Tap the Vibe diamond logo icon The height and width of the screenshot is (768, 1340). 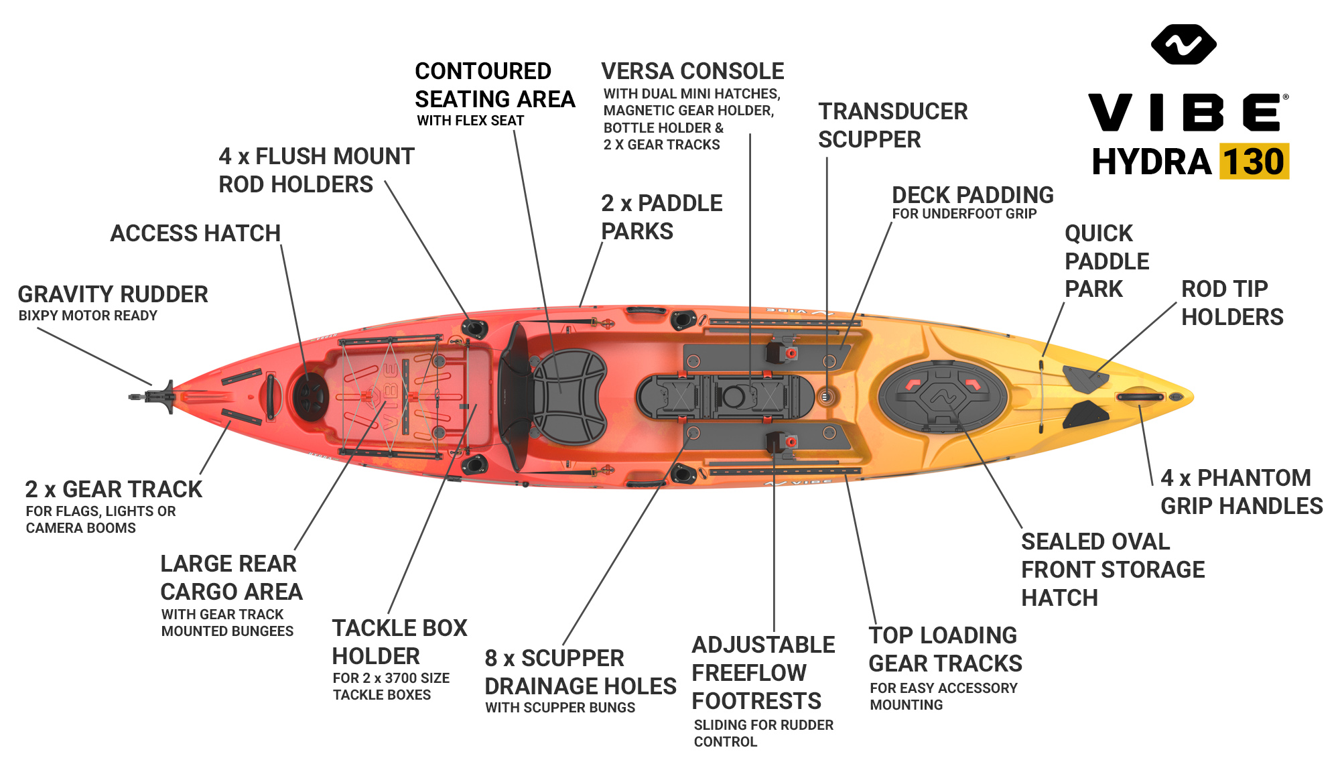click(1183, 44)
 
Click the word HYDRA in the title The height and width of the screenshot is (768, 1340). click(1151, 162)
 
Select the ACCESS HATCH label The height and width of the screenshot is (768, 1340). click(195, 233)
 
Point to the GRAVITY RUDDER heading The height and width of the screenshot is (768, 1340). click(113, 294)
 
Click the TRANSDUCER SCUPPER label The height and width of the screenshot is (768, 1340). click(892, 125)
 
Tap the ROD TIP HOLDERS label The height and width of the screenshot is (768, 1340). click(1231, 303)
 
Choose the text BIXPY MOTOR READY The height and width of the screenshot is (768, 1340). click(88, 316)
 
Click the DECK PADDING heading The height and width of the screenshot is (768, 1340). click(972, 195)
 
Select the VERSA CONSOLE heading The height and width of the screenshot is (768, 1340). click(692, 71)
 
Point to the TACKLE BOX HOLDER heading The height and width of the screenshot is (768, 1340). click(399, 641)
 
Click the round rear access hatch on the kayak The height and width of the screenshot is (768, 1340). click(310, 395)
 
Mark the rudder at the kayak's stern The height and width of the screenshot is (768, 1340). click(157, 397)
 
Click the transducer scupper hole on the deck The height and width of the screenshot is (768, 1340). click(826, 397)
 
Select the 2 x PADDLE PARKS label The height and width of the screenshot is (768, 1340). click(661, 217)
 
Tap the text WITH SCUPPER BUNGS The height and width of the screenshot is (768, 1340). click(560, 708)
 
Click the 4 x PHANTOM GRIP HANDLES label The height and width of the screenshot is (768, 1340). click(1241, 492)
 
